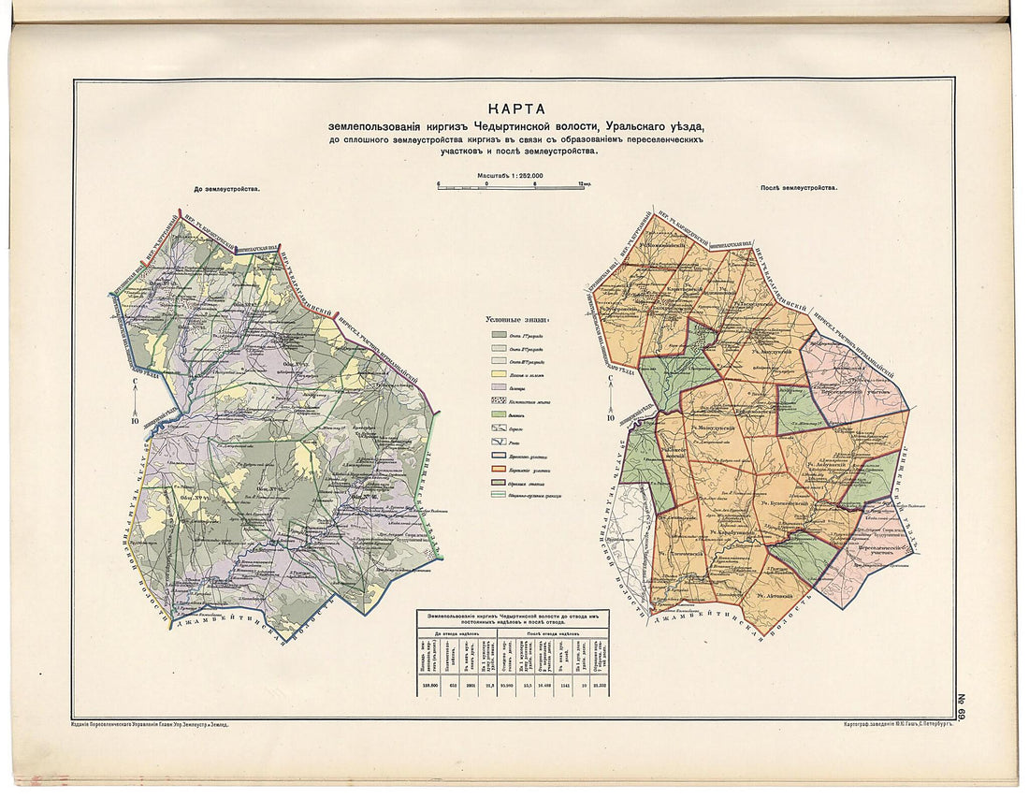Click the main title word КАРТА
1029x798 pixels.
[514, 109]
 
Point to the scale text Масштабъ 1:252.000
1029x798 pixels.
[510, 175]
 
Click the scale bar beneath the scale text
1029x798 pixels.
[510, 185]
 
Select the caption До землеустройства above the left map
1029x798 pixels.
[226, 188]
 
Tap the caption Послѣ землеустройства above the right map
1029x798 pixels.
[798, 187]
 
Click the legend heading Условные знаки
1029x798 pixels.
[512, 318]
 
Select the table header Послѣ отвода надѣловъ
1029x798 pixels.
[552, 632]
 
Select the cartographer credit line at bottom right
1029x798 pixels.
[884, 724]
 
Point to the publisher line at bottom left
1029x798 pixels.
[150, 724]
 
